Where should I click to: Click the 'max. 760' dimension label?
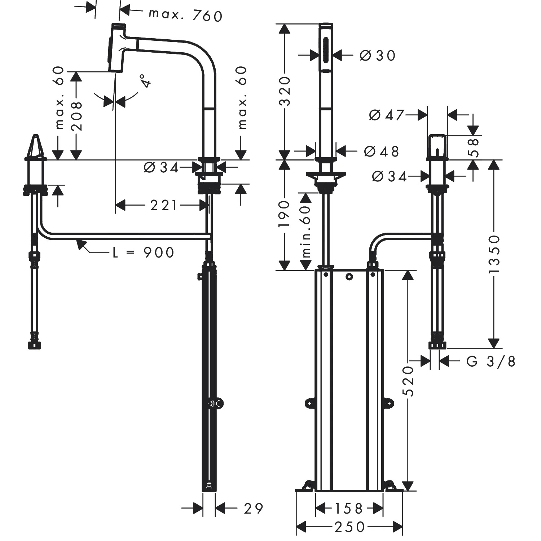point(185,15)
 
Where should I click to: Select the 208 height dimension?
point(76,116)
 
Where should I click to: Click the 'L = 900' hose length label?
point(144,252)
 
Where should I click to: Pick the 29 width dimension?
point(254,509)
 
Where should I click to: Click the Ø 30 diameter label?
point(378,55)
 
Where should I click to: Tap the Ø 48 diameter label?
point(382,151)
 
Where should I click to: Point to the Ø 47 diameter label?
point(386,115)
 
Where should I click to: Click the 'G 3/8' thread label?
point(491,361)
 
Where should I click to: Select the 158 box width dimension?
point(348,509)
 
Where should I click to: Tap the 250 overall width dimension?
point(349,527)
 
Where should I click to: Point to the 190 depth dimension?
point(285,214)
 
